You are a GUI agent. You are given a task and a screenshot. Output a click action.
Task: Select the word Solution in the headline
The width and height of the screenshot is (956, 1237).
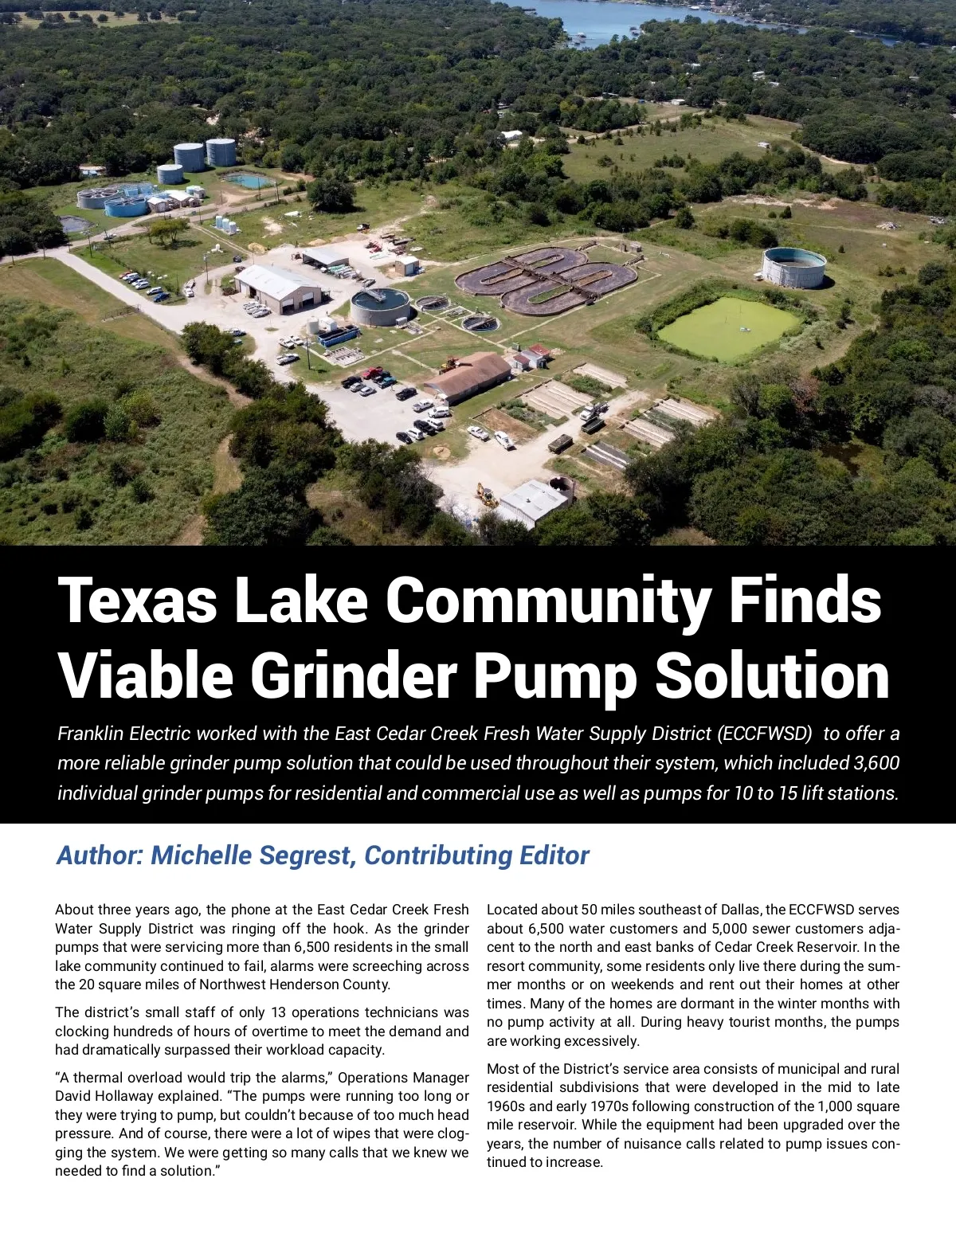tap(771, 675)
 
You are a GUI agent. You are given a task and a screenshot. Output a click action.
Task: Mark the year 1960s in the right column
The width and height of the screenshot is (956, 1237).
tap(507, 1106)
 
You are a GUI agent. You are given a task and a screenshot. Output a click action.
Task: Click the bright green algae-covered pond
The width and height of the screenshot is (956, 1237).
tap(727, 327)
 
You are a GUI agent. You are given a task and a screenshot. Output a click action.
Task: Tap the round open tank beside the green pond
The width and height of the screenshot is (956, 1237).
tap(793, 268)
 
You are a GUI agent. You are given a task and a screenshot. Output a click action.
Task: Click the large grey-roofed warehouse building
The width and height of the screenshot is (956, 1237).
tap(279, 288)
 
